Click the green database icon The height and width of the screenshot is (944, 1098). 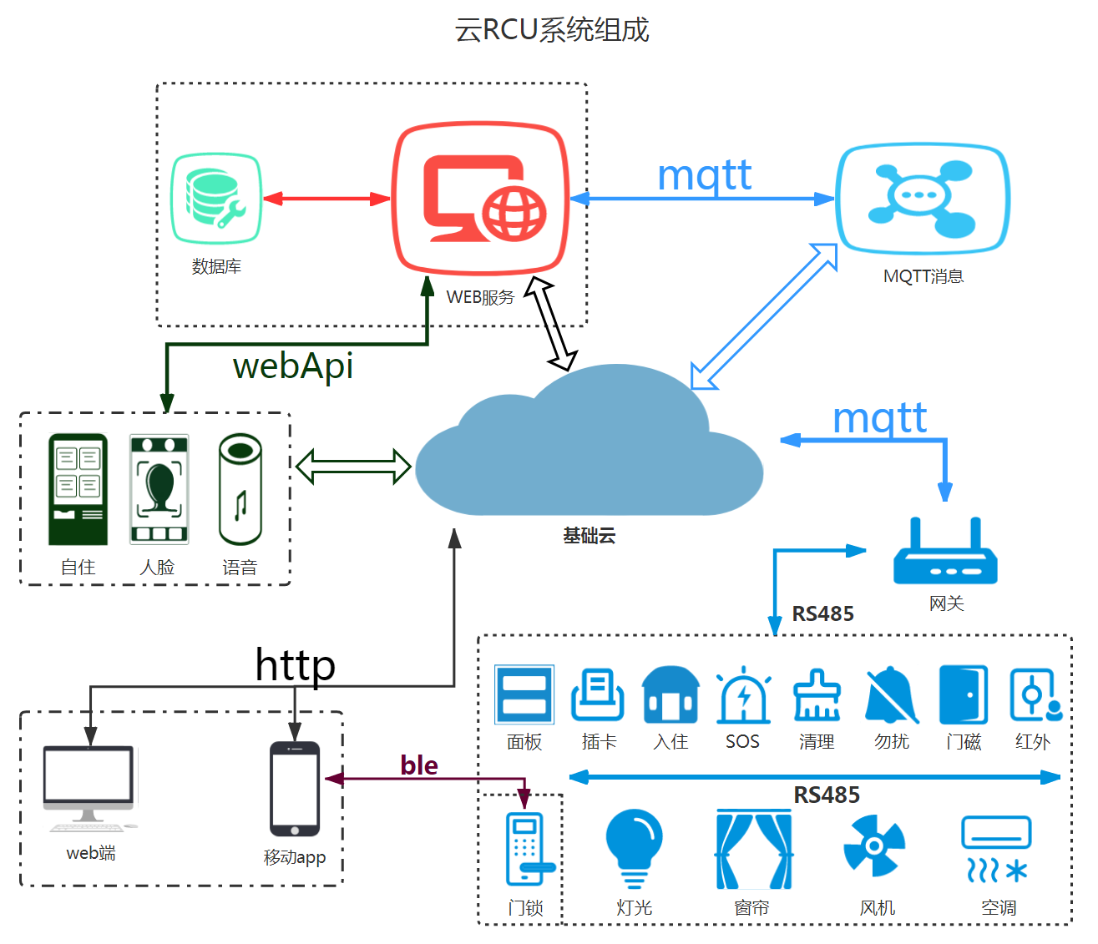click(216, 199)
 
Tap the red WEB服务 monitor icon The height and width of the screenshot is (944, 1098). click(481, 199)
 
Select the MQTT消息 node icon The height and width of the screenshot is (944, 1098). click(922, 198)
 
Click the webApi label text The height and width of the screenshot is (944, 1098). click(293, 366)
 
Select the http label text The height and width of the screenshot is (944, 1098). click(296, 664)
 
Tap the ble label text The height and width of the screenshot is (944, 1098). click(418, 765)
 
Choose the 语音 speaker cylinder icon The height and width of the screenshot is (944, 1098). click(240, 489)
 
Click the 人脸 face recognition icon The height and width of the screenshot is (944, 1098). click(159, 489)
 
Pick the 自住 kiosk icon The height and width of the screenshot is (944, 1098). click(78, 489)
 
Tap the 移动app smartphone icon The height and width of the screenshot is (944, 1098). click(295, 789)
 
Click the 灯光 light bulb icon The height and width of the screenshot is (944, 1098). click(634, 847)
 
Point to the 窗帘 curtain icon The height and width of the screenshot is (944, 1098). click(754, 850)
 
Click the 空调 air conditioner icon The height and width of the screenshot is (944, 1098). click(996, 849)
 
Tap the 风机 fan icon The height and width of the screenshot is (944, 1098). click(873, 846)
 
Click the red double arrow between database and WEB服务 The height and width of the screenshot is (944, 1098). click(326, 199)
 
